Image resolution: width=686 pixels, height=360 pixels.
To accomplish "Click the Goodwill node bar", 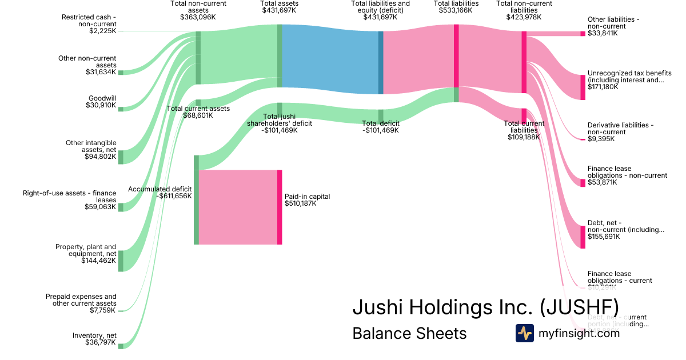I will pyautogui.click(x=121, y=109).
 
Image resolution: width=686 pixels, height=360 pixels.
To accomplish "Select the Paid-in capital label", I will pyautogui.click(x=307, y=197).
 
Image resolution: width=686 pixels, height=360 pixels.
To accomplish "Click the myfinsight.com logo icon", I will pyautogui.click(x=524, y=333).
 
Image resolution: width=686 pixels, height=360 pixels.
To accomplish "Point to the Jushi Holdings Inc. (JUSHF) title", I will pyautogui.click(x=485, y=307).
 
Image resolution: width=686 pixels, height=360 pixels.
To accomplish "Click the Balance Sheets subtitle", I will pyautogui.click(x=409, y=333).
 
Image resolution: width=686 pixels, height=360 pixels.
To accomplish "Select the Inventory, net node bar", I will pyautogui.click(x=121, y=346).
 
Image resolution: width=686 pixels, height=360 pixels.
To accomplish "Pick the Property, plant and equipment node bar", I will pyautogui.click(x=121, y=261).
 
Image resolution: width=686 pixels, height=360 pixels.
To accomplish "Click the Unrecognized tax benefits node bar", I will pyautogui.click(x=583, y=87).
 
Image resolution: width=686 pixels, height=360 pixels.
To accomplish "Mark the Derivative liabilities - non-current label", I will pyautogui.click(x=620, y=129).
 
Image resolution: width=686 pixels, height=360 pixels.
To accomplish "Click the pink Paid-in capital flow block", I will pyautogui.click(x=238, y=207).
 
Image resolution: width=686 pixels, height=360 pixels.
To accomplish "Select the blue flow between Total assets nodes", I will pyautogui.click(x=329, y=59).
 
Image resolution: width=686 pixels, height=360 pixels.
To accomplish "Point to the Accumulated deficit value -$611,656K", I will pyautogui.click(x=174, y=196).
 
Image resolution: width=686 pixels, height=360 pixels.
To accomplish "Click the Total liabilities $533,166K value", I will pyautogui.click(x=456, y=10).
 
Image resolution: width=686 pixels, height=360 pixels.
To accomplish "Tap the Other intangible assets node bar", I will pyautogui.click(x=121, y=157).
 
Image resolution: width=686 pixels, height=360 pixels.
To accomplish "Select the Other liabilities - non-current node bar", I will pyautogui.click(x=583, y=34).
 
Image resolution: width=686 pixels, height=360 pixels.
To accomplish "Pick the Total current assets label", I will pyautogui.click(x=198, y=108).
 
